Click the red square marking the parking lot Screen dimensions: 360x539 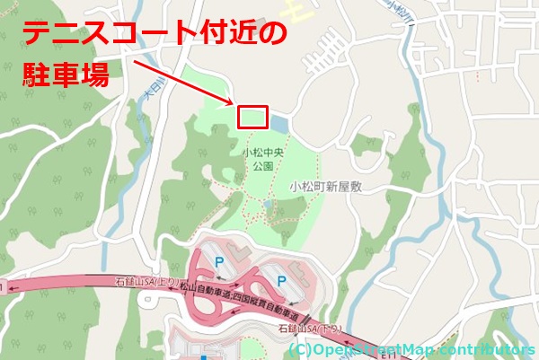tap(252, 117)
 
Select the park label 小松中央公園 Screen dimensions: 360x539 tap(262, 160)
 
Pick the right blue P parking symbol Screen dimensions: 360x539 tap(280, 281)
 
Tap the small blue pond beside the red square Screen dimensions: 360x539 tap(279, 122)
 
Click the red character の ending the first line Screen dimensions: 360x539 tap(273, 34)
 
